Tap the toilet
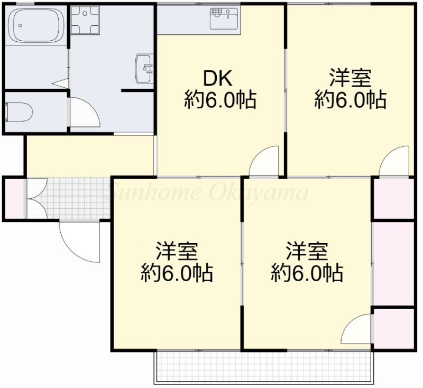pos(19,112)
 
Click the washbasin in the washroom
pos(144,68)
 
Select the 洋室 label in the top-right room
pos(350,79)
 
